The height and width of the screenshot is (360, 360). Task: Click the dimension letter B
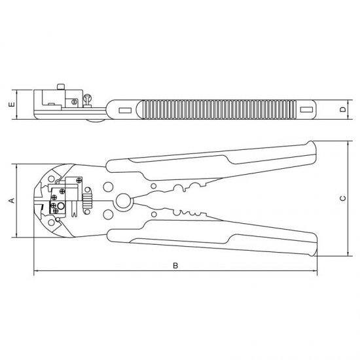pyautogui.click(x=175, y=265)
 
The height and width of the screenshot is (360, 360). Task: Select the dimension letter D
pyautogui.click(x=342, y=109)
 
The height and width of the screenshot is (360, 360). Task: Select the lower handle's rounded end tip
pyautogui.click(x=312, y=251)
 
